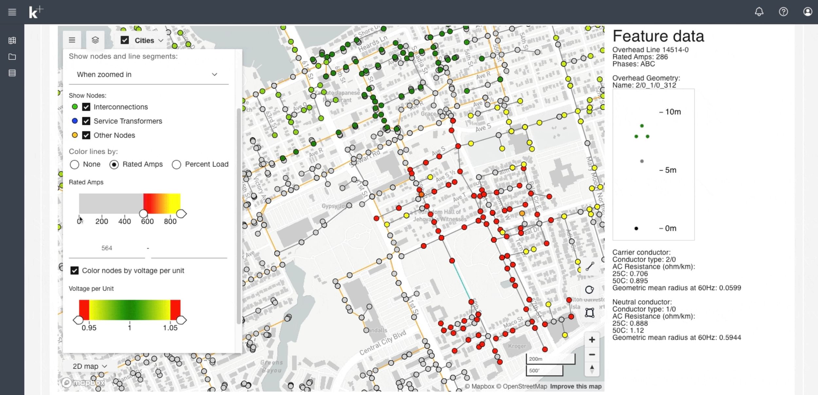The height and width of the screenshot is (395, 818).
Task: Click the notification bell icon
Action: (x=759, y=12)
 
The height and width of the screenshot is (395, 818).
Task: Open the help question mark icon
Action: (x=783, y=12)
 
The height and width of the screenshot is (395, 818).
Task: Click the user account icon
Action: (x=808, y=12)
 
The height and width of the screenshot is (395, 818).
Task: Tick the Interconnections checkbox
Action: (x=86, y=107)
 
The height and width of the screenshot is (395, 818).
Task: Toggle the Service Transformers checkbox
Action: (x=86, y=121)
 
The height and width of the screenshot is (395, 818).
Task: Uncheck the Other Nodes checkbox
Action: (x=86, y=135)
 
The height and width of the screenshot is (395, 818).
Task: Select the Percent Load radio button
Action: (x=176, y=164)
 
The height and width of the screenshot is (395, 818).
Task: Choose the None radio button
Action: (x=75, y=164)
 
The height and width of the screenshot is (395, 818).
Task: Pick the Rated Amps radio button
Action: (x=114, y=164)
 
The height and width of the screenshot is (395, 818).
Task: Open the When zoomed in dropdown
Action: (x=147, y=75)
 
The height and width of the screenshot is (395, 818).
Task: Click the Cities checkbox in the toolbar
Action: (x=125, y=40)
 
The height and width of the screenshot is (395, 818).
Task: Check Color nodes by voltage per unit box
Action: (x=75, y=270)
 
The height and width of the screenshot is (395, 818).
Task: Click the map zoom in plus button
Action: (x=592, y=340)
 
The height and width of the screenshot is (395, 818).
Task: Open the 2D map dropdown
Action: (x=90, y=366)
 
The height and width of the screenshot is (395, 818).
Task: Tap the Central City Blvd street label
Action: (x=382, y=342)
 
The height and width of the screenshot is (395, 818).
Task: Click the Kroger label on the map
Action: (x=517, y=346)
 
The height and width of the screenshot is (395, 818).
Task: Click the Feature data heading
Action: (x=658, y=36)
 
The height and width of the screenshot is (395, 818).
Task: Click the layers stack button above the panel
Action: (x=95, y=40)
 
